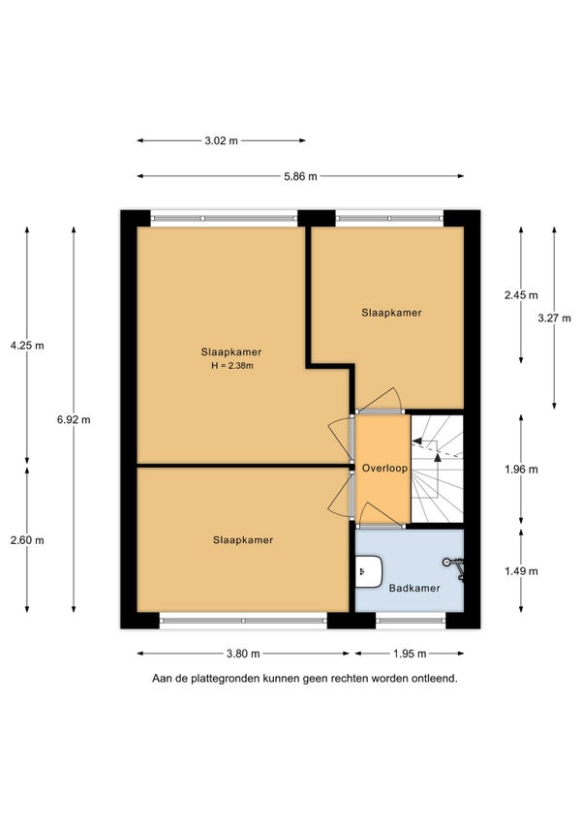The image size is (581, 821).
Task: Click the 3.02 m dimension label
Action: [221, 140]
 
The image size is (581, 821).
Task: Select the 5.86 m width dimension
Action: [300, 176]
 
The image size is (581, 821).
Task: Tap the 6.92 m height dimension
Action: [74, 419]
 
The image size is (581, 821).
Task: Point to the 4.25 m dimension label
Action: [27, 346]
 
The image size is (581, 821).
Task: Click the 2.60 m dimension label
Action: [27, 540]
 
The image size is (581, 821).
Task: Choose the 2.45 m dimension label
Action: [521, 295]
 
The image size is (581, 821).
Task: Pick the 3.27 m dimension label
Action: [554, 318]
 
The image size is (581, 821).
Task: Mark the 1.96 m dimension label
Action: [521, 470]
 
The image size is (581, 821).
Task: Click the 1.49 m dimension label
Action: [521, 571]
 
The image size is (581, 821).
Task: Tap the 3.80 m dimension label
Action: [243, 654]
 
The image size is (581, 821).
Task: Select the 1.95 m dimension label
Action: [410, 654]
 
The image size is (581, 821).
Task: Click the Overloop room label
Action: [384, 468]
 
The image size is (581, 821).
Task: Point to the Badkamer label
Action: [414, 588]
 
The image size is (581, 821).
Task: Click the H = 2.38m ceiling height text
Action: [232, 366]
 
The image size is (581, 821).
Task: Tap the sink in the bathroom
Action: [369, 572]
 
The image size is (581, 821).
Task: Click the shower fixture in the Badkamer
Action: [455, 568]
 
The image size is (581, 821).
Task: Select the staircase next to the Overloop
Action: [437, 469]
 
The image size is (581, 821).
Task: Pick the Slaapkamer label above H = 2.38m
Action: [231, 352]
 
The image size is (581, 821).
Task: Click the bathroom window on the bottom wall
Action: [411, 621]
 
